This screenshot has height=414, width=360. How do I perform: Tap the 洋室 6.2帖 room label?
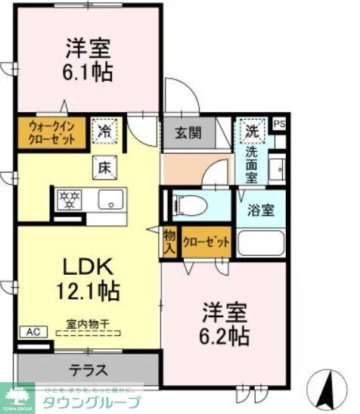(225, 322)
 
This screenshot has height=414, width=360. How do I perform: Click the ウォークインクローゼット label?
(52, 133)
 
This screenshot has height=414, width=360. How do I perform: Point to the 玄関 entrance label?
(189, 134)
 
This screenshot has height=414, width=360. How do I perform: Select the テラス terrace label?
(89, 371)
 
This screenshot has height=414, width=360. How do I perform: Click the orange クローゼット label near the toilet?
(206, 242)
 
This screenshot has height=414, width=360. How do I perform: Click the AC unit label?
(33, 332)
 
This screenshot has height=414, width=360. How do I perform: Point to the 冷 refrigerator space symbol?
(104, 132)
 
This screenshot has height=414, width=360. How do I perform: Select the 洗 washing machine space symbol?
(251, 130)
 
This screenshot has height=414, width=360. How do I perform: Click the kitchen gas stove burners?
(70, 199)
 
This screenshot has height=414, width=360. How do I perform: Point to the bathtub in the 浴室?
(261, 244)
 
